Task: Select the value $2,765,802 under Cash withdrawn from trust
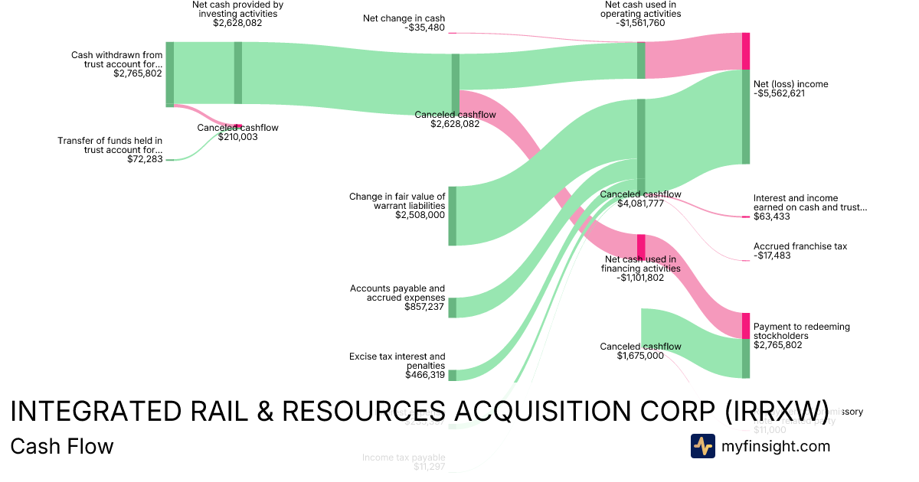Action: pos(138,74)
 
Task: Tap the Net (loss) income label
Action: pos(790,84)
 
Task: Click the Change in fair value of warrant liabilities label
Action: pos(397,201)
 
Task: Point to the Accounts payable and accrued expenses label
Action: pos(397,293)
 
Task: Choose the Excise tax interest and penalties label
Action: pos(397,360)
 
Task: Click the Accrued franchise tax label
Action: pos(800,246)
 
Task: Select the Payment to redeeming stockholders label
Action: pos(801,331)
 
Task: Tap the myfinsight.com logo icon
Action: pos(702,446)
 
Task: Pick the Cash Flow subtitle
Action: pos(62,446)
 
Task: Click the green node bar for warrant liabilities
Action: pos(452,216)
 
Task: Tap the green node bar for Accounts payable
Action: pos(452,308)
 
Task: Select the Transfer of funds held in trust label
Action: pos(110,145)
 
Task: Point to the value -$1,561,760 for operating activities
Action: pos(640,23)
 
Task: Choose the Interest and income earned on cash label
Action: pos(809,202)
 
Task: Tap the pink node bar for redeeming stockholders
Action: pos(746,326)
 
